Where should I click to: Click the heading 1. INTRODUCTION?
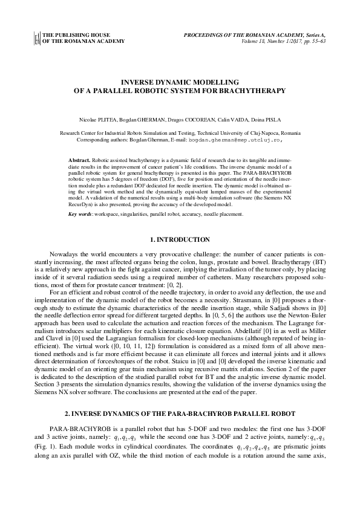180,240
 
